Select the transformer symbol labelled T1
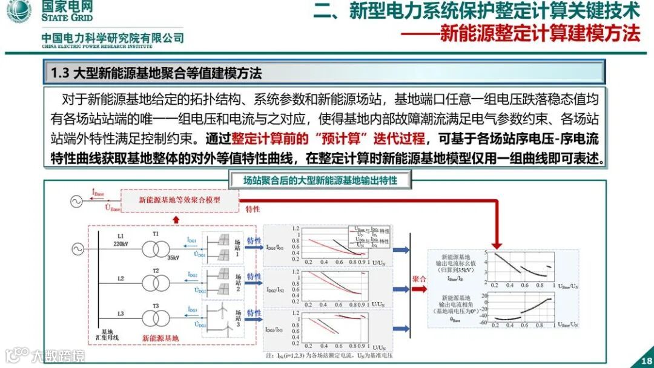tap(156, 249)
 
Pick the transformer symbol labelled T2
tap(156, 283)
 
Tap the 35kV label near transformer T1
tap(174, 258)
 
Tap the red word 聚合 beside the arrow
tap(420, 279)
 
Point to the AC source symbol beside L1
tap(77, 249)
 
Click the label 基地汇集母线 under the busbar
tap(108, 335)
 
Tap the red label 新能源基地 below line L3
tap(160, 338)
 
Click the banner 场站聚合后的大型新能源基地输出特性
tap(320, 180)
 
